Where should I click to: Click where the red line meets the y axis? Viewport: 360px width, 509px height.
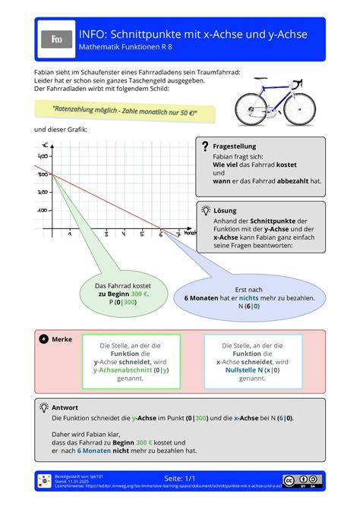click(x=51, y=175)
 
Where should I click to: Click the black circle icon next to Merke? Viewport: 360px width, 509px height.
click(x=43, y=339)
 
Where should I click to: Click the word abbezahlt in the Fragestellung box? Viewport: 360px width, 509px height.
click(x=288, y=181)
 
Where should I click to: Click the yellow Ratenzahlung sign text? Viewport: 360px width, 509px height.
click(x=125, y=112)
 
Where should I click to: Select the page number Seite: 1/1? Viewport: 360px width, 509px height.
click(x=180, y=479)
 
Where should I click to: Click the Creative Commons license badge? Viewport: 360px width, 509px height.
click(x=302, y=480)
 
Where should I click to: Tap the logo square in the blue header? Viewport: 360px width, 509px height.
click(x=56, y=39)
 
